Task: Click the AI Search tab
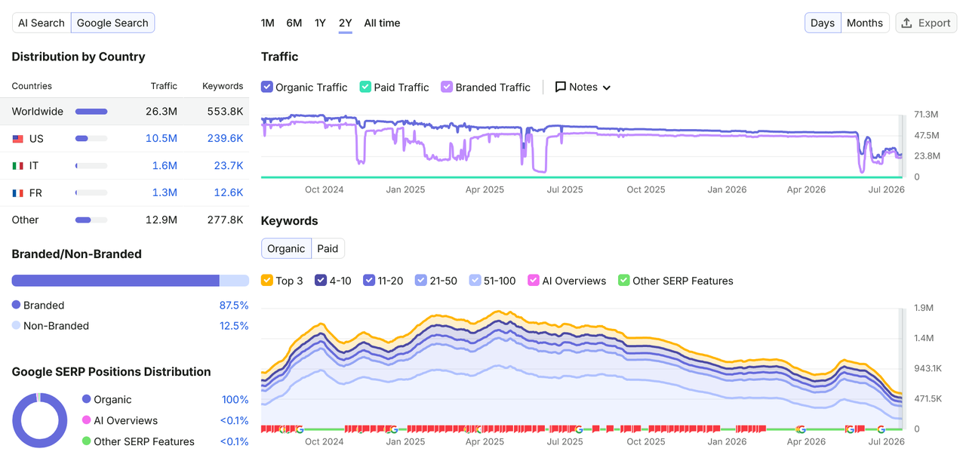[42, 23]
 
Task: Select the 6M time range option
[294, 23]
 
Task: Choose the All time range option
[382, 23]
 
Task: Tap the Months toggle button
[865, 23]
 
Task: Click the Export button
[926, 23]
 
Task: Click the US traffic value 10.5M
[162, 138]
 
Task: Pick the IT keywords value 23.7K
[229, 165]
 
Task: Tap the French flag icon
[17, 192]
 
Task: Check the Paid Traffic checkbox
[365, 87]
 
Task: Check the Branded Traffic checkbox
[447, 87]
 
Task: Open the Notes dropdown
[583, 87]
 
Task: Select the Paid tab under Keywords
[328, 248]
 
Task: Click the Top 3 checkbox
[267, 281]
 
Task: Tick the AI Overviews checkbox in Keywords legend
[534, 281]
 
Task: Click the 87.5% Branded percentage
[234, 306]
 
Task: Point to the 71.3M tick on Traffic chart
[926, 114]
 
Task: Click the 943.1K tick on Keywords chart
[928, 368]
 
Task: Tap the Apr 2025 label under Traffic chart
[485, 189]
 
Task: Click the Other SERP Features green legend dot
[86, 441]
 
